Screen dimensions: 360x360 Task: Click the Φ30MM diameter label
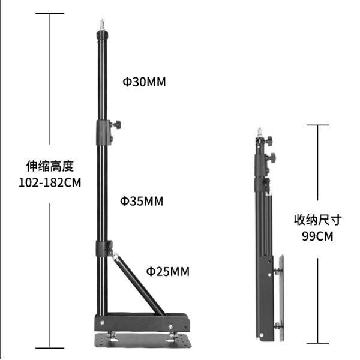tap(144, 82)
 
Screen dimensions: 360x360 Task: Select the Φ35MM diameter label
tap(142, 201)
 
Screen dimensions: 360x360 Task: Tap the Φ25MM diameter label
tap(168, 271)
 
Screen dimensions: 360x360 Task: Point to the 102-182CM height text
tap(50, 183)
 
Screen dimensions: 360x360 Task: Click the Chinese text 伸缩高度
tap(50, 166)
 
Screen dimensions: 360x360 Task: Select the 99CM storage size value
tap(317, 236)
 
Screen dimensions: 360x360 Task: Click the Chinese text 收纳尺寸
tap(318, 220)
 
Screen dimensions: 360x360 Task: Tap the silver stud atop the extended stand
tap(102, 25)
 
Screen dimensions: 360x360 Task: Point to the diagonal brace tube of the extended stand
tap(139, 284)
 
